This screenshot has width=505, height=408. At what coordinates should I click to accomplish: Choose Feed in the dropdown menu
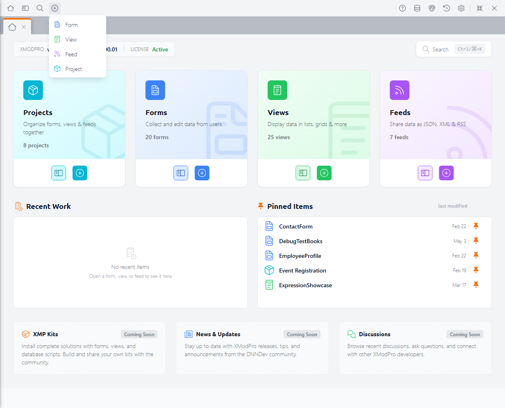click(x=71, y=54)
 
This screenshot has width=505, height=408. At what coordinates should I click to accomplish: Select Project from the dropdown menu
click(x=74, y=69)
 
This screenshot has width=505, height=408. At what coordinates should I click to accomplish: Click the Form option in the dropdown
click(x=72, y=25)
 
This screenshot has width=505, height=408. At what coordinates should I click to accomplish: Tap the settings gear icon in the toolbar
click(x=461, y=8)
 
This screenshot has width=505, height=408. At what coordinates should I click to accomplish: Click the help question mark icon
click(x=402, y=8)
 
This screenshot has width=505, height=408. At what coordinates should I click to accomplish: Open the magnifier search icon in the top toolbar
click(x=40, y=8)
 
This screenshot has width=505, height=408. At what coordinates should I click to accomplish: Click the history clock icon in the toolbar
click(x=447, y=8)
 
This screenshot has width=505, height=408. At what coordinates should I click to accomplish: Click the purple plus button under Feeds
click(x=446, y=173)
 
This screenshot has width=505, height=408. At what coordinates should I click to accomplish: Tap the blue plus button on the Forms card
click(x=202, y=173)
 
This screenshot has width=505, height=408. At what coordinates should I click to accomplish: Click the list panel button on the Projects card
click(x=58, y=173)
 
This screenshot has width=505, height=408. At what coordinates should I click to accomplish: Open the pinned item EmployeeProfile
click(x=300, y=256)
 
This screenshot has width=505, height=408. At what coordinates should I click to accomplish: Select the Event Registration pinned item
click(x=302, y=271)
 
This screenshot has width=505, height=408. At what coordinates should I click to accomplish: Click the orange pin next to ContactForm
click(x=476, y=226)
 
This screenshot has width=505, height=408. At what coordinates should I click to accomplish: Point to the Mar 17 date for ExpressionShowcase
click(x=459, y=285)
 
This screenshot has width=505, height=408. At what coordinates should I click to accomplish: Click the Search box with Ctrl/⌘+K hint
click(x=454, y=49)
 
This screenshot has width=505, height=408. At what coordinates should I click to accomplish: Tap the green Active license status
click(x=160, y=49)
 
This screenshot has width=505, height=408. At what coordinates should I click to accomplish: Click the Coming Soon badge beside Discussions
click(x=465, y=334)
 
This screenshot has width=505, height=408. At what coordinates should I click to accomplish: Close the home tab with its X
click(x=24, y=27)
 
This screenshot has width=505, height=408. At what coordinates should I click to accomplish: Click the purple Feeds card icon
click(x=400, y=90)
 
